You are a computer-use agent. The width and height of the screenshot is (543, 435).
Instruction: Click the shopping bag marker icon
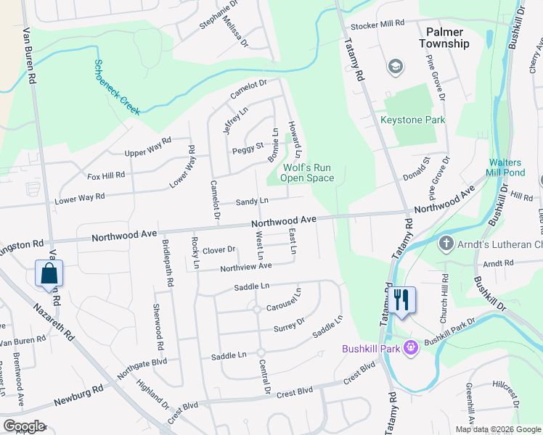(49, 274)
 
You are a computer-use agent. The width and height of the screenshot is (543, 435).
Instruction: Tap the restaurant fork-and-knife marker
(401, 299)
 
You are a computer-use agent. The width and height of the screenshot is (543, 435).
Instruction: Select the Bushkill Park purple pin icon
(410, 349)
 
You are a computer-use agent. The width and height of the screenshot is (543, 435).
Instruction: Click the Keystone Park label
(412, 120)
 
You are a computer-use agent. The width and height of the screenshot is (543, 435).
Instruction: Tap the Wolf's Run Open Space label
(307, 173)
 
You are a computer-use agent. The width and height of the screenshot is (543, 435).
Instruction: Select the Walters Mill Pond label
(516, 167)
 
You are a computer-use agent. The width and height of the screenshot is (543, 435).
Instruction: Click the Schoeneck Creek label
(116, 86)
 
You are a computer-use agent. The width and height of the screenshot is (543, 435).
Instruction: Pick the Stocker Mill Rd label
(377, 23)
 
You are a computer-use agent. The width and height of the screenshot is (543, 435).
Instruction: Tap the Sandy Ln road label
(252, 201)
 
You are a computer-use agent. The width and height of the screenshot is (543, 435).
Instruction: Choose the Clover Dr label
(219, 250)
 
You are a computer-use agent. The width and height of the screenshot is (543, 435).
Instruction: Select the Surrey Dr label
(290, 324)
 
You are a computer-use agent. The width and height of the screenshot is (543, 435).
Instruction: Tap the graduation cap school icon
(396, 67)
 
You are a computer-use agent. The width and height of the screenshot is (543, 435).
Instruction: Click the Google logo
(23, 426)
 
